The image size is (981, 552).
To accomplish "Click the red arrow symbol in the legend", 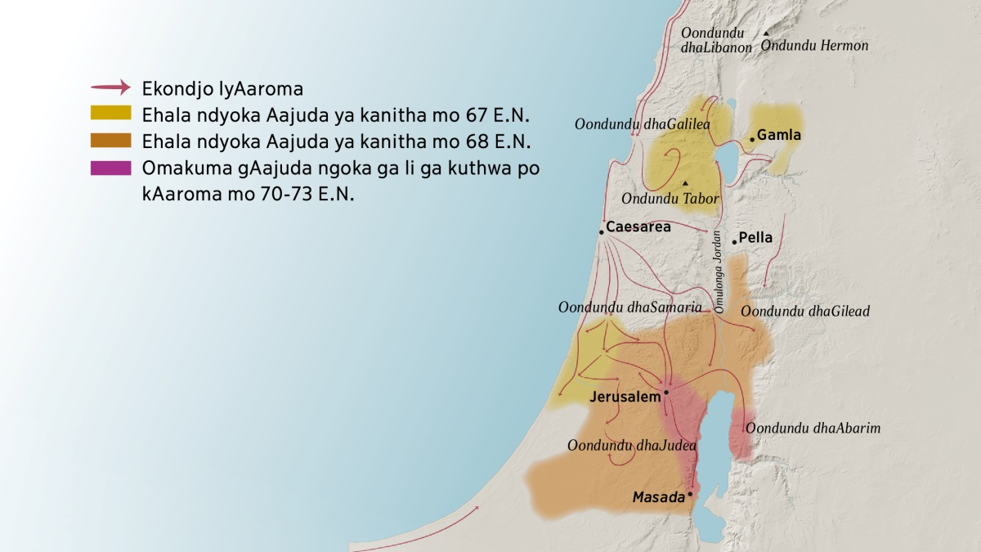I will click(110, 88).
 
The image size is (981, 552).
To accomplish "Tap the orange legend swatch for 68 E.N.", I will click(110, 141).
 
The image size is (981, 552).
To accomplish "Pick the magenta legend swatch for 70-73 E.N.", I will click(110, 168).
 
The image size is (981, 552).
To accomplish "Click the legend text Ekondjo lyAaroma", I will click(222, 88).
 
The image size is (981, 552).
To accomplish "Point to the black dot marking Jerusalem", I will click(666, 393).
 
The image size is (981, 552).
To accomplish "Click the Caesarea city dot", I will click(602, 232).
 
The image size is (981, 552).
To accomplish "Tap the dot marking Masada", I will click(691, 494).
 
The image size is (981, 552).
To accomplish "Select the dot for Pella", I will click(734, 241).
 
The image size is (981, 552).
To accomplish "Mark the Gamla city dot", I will click(752, 139).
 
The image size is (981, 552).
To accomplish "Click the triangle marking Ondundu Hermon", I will click(765, 34).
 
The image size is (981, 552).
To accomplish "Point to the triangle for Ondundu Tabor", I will click(685, 182).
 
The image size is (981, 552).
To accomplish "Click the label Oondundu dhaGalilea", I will click(642, 124).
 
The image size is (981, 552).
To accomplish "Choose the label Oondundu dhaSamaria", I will click(629, 307).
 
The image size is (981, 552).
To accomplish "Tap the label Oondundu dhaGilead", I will click(804, 311).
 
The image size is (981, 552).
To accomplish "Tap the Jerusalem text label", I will click(625, 397).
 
